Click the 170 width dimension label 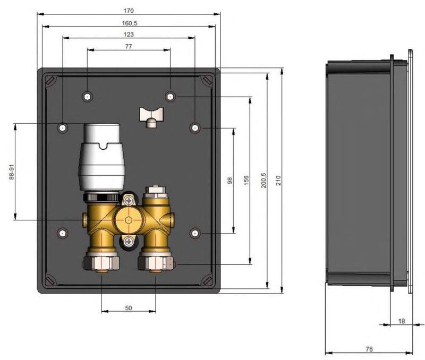[x=129, y=11]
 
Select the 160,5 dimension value [x=130, y=23]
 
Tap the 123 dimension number [x=129, y=35]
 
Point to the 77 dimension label [x=129, y=47]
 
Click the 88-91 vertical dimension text [x=11, y=172]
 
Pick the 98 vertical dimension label [x=230, y=181]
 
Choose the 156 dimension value [x=246, y=181]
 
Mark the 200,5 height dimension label [x=263, y=181]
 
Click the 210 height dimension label [x=278, y=181]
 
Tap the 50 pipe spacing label [x=129, y=308]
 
